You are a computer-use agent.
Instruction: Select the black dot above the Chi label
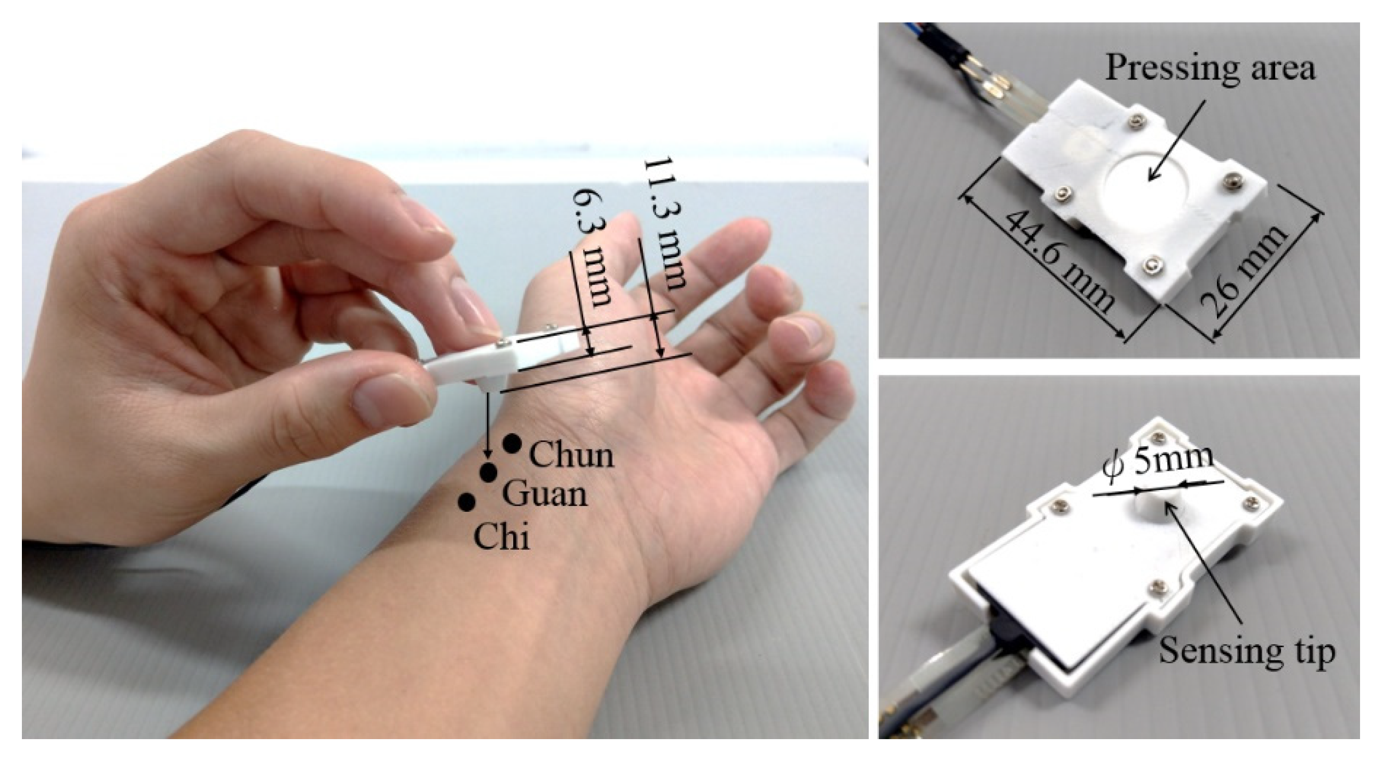click(x=467, y=501)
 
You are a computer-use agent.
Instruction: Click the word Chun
click(x=571, y=455)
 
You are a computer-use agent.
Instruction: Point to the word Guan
click(x=545, y=494)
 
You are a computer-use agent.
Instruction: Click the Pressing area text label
click(x=1210, y=69)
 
